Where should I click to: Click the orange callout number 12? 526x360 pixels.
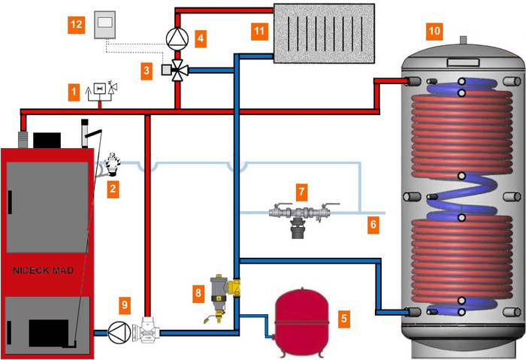coord(76,25)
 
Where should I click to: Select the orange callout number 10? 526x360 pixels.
coord(434,31)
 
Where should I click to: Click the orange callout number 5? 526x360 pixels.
coord(344,318)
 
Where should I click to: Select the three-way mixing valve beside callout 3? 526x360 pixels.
coord(178,71)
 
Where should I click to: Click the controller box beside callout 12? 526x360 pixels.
coord(104,26)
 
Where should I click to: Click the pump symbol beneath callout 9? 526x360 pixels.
coord(117,331)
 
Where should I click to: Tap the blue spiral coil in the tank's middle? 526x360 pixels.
coord(455,191)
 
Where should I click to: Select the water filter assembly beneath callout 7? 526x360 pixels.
coord(302,218)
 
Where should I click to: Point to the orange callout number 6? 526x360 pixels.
coord(374,224)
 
